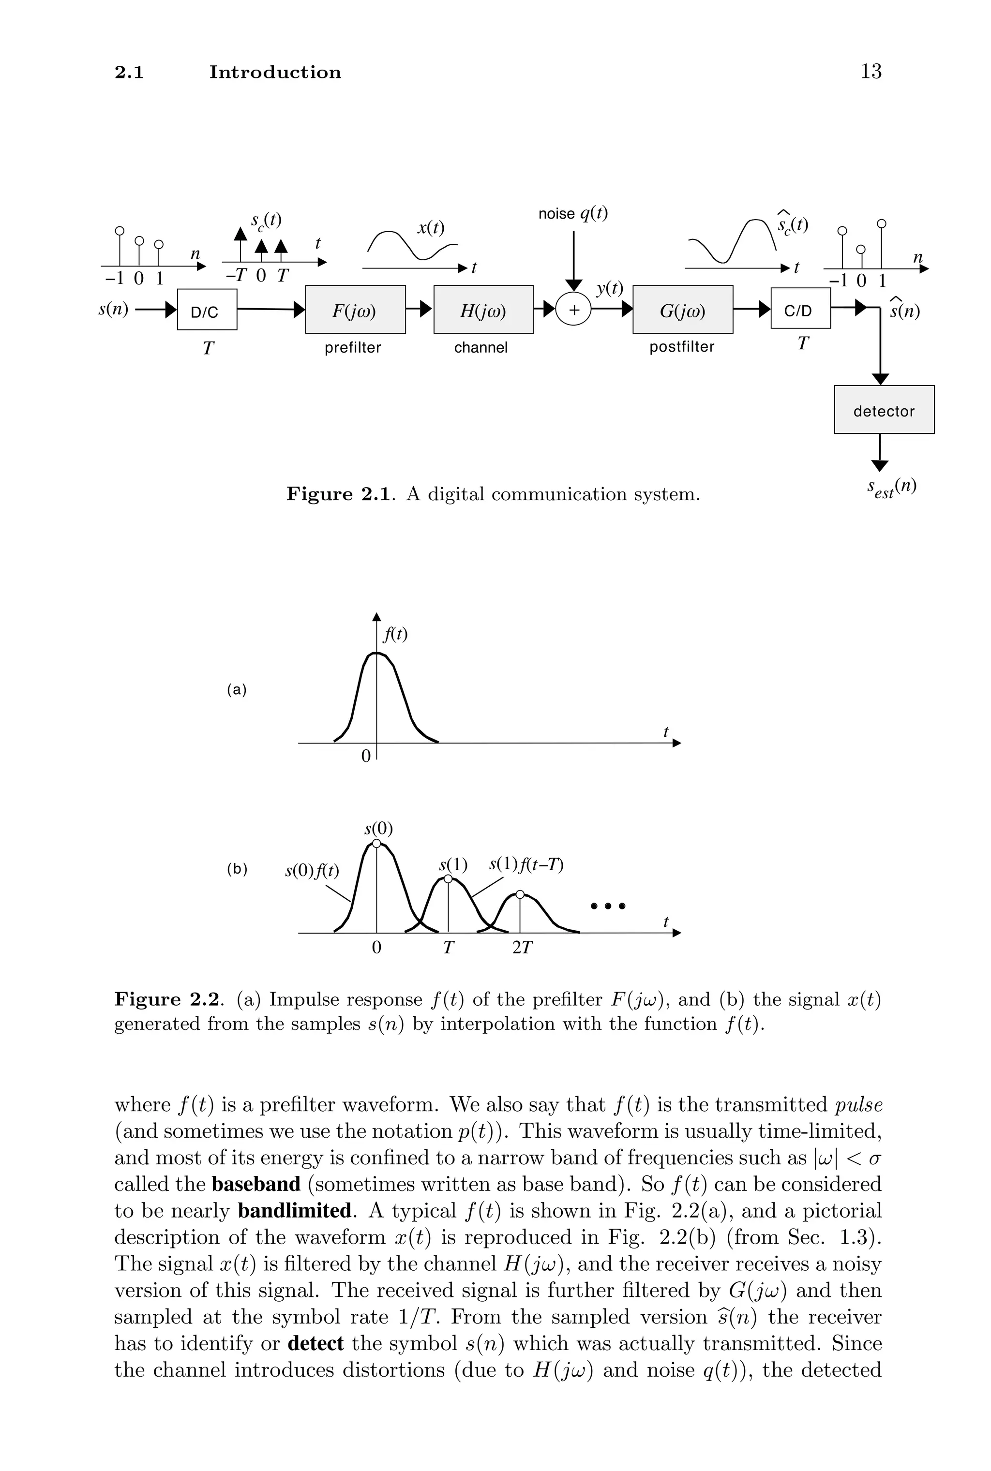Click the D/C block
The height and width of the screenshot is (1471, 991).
[207, 310]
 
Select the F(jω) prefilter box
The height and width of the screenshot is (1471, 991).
[355, 310]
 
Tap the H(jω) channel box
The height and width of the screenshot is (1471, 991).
[483, 310]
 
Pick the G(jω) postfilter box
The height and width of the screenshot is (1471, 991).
[683, 310]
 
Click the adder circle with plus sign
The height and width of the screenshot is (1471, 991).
[573, 310]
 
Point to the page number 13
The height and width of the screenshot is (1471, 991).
[871, 72]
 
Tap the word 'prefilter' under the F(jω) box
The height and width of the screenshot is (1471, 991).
[353, 347]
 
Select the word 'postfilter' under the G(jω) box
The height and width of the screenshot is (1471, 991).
[681, 347]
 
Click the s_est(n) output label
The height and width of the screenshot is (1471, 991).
[891, 488]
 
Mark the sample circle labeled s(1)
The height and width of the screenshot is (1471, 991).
[448, 878]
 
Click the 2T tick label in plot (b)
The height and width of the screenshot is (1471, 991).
[522, 948]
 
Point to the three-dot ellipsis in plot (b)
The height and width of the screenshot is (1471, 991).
[607, 906]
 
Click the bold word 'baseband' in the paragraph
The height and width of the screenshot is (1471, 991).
[256, 1184]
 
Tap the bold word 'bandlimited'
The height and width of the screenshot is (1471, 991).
[295, 1210]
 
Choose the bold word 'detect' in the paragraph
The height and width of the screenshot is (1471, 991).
[315, 1343]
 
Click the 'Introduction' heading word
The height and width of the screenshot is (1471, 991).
[275, 72]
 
